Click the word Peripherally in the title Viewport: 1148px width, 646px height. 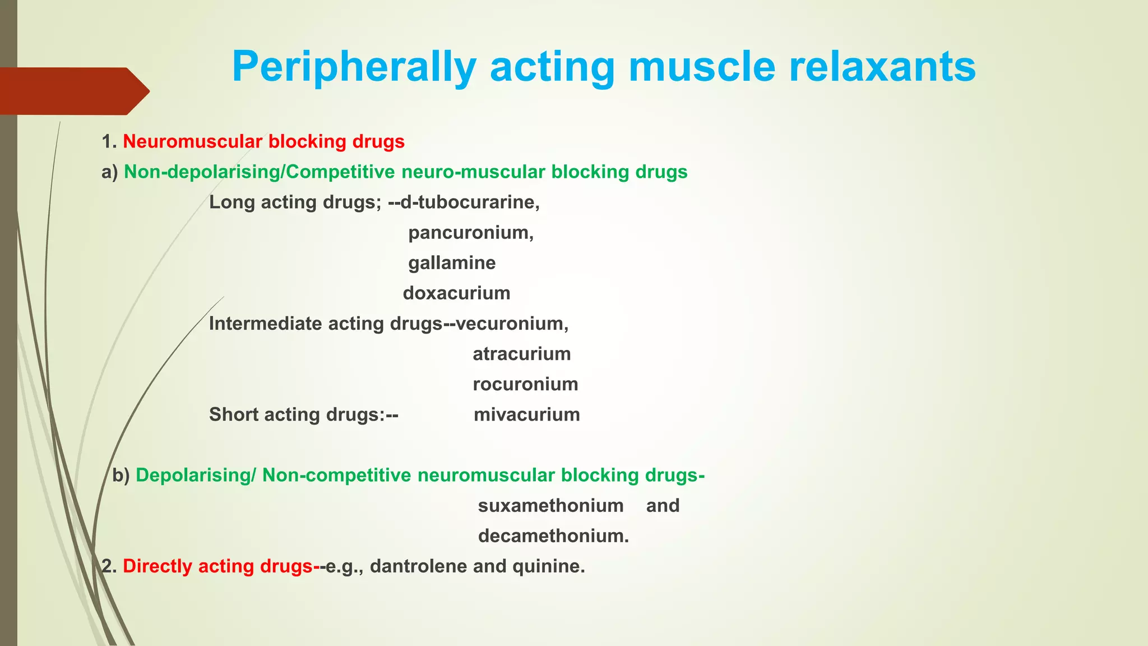click(354, 67)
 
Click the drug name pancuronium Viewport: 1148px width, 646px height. click(470, 232)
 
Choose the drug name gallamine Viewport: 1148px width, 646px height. click(452, 262)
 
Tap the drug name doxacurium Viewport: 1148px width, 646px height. click(456, 293)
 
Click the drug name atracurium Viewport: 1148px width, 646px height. click(521, 354)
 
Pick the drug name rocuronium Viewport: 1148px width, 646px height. click(525, 384)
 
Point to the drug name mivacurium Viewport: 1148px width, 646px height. click(526, 414)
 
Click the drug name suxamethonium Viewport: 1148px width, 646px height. click(550, 505)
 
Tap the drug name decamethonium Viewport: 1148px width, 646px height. click(553, 536)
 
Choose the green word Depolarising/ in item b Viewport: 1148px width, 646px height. click(196, 475)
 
